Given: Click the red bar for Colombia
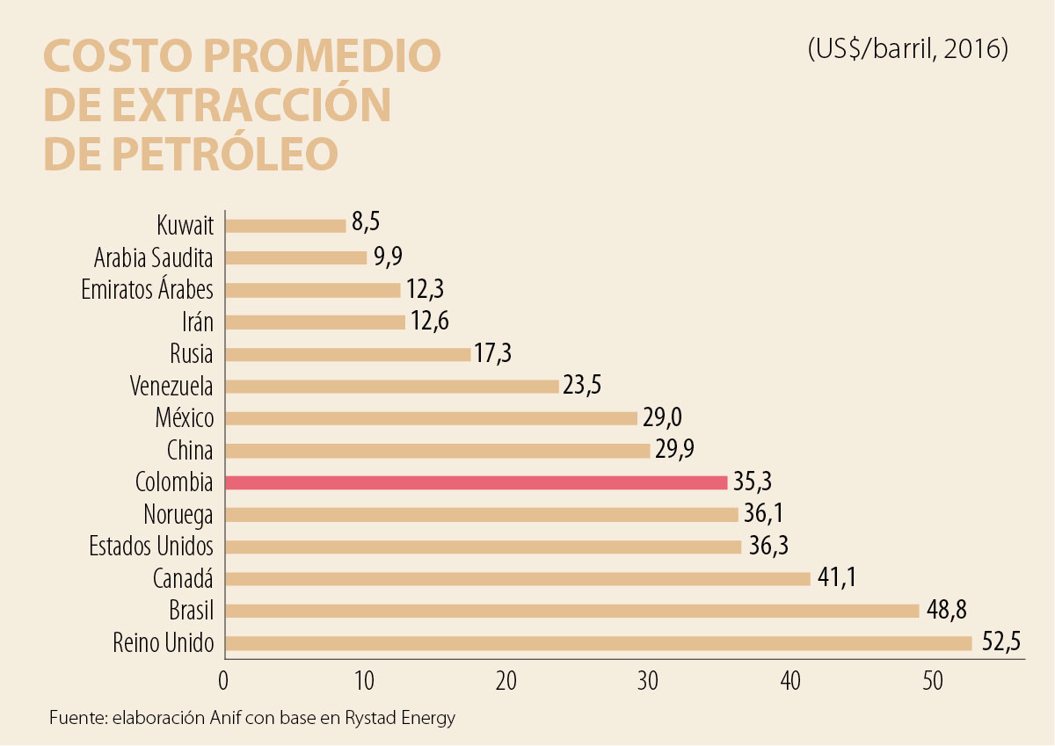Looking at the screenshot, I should point(477,482).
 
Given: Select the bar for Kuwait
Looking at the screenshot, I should point(286,225).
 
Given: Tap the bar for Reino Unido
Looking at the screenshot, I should point(598,643).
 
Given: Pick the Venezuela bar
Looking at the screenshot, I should point(392,386).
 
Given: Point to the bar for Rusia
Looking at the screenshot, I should point(348,354).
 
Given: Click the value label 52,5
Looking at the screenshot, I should point(1000,642).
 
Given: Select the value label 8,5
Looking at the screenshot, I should point(366,222).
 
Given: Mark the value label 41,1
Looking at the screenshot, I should point(836,578).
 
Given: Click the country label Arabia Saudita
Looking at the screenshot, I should point(153,258).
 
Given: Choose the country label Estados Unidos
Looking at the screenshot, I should point(151,547).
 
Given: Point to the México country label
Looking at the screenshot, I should point(184,418).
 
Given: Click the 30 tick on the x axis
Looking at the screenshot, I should point(647,680).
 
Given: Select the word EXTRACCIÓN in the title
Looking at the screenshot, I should point(255,105).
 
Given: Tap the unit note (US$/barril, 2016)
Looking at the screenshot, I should point(907,48).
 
